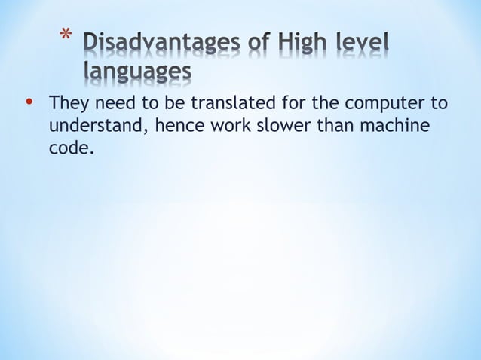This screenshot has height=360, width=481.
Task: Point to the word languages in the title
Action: click(x=136, y=73)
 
